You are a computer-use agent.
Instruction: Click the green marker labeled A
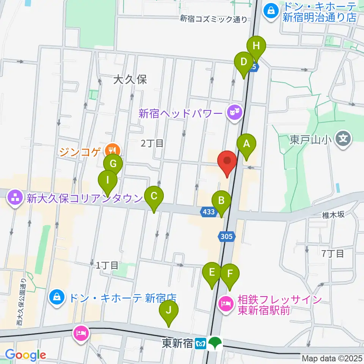coord(246,144)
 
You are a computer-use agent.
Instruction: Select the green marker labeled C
coord(154,196)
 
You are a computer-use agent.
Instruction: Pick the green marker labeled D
coord(243,62)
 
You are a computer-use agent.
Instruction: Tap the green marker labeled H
coord(256,47)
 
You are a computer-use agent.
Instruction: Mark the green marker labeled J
coord(169,311)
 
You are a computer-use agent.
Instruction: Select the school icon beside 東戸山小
coord(344,137)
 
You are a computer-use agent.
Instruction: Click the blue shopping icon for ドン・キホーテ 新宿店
coord(56,297)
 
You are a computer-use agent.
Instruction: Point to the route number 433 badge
coord(208,212)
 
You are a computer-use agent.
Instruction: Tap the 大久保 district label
coord(130,79)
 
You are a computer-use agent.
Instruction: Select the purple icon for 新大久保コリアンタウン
coord(15,197)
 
